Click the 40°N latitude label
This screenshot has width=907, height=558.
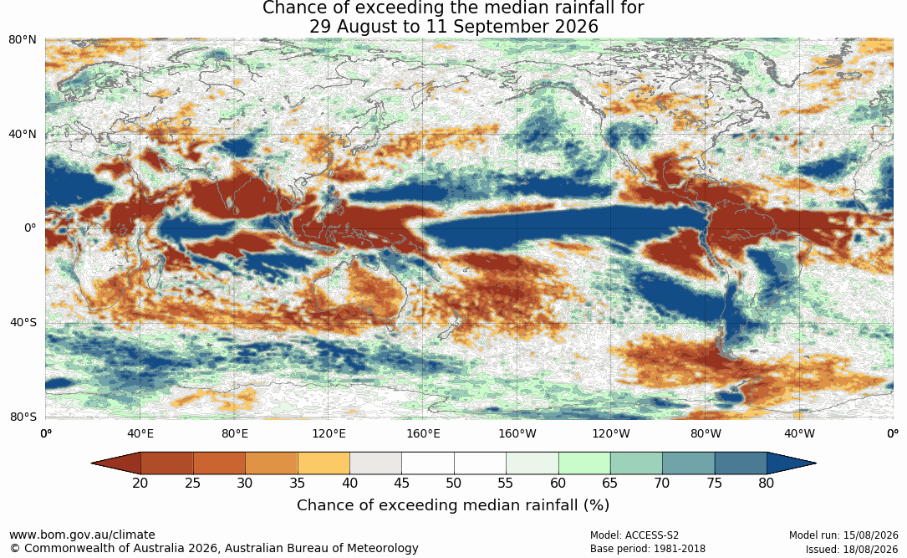(22, 135)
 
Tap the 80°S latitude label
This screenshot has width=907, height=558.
(23, 417)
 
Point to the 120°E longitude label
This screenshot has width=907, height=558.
(329, 433)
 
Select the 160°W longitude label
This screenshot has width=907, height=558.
(517, 433)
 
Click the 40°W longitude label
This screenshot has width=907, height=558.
(799, 433)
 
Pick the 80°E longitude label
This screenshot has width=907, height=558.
(234, 433)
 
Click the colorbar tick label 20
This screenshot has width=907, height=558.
(140, 483)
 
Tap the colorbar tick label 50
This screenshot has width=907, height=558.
(453, 483)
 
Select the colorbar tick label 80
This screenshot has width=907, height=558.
(767, 483)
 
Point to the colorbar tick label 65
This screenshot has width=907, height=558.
(609, 483)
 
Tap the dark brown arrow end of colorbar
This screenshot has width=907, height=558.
(115, 463)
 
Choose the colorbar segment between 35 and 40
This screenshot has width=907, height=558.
(324, 463)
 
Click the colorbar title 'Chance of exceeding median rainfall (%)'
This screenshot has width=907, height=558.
(453, 505)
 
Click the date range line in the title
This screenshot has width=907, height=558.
(453, 27)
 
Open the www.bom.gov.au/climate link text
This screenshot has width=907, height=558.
(82, 535)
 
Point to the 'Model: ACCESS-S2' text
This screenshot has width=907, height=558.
(634, 535)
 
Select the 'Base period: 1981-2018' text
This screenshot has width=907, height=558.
(648, 549)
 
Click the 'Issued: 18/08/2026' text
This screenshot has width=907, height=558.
(852, 549)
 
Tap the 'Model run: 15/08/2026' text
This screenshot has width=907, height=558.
(843, 535)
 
